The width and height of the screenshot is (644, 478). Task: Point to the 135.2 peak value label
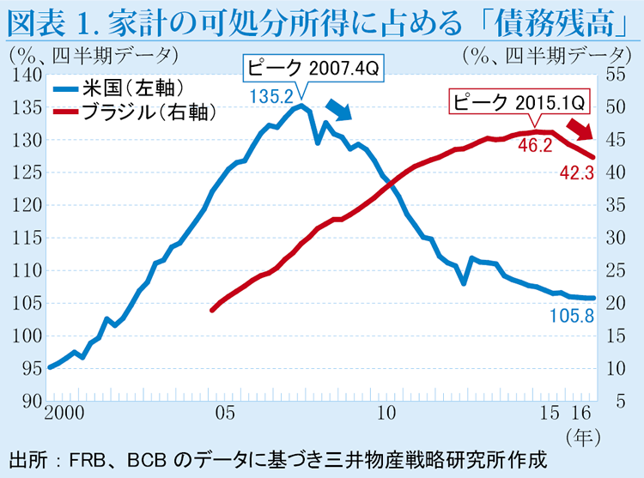270,95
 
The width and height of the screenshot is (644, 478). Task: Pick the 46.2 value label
535,145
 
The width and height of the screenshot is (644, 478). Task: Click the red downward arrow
586,130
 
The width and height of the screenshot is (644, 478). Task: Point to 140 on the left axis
28,76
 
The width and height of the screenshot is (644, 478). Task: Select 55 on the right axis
617,76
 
